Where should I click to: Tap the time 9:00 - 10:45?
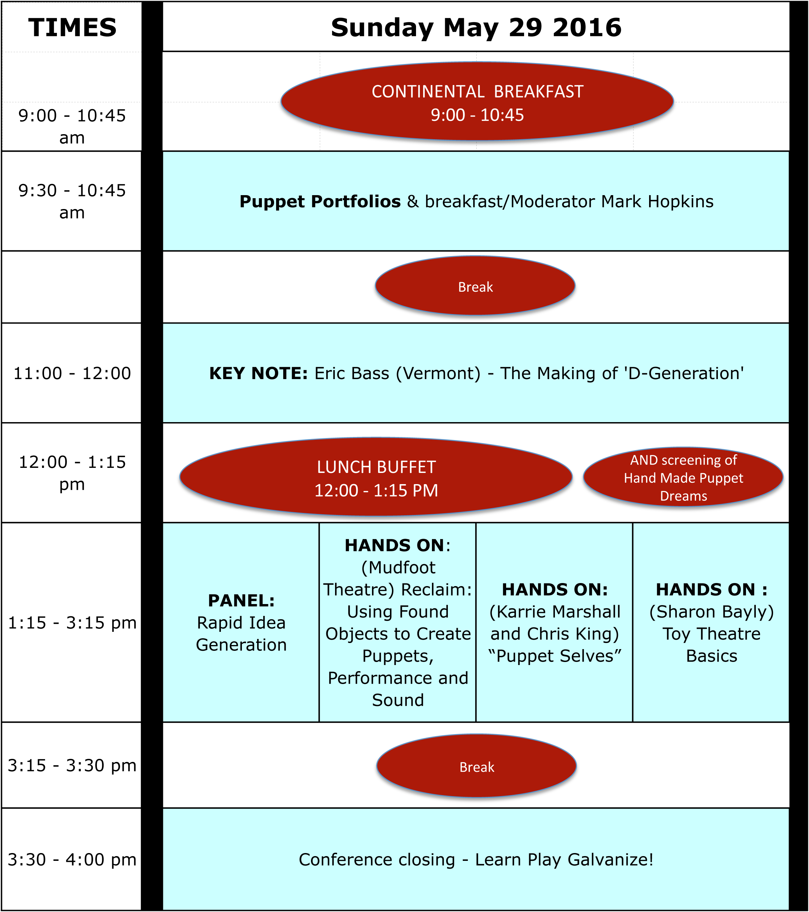[477, 115]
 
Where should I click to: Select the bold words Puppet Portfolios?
[320, 202]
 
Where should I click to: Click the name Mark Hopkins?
[657, 202]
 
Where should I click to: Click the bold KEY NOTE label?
[258, 373]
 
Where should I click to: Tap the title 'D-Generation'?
[685, 373]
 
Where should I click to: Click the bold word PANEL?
[241, 601]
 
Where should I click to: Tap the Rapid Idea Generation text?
[241, 634]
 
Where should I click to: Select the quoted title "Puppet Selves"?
[555, 656]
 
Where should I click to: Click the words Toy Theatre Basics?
[711, 645]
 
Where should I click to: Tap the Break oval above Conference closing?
[477, 767]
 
